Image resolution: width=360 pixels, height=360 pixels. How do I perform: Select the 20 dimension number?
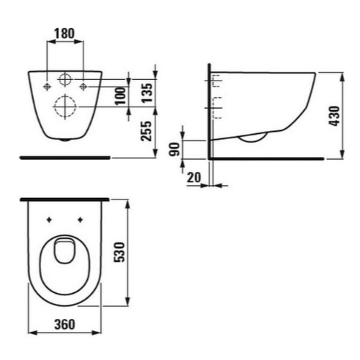[193, 178]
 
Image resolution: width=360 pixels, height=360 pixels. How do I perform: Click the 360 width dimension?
[65, 325]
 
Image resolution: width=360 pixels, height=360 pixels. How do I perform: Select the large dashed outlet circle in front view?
[65, 107]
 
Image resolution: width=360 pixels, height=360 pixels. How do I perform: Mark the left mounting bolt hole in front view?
[47, 86]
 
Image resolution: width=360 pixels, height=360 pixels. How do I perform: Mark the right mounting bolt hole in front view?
[84, 86]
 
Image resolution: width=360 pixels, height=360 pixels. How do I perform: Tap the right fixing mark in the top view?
[80, 218]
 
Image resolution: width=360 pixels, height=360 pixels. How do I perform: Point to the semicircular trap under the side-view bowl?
[253, 138]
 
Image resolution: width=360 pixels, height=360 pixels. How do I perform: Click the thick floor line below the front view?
[65, 156]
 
